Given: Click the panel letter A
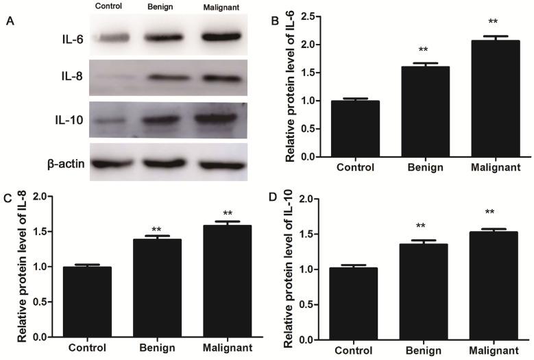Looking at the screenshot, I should (9, 21).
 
